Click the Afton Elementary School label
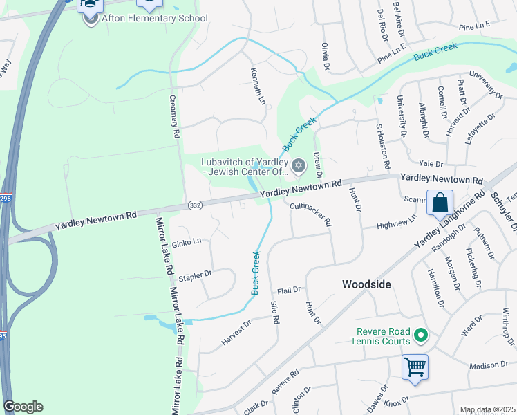(x=154, y=19)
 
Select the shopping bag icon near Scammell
(x=440, y=203)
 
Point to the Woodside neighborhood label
(x=366, y=284)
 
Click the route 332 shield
(x=196, y=206)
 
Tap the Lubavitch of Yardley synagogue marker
(x=299, y=165)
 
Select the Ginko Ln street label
(x=187, y=241)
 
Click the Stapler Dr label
(x=195, y=275)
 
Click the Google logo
(x=23, y=407)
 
